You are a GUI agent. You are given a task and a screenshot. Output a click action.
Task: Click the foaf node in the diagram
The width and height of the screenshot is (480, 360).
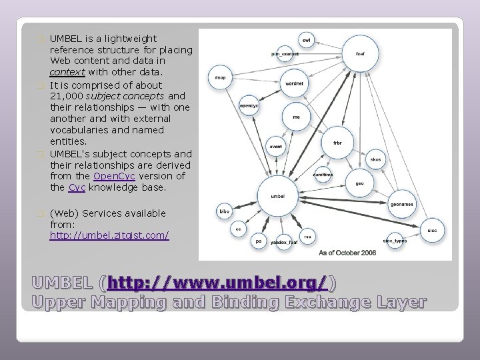[x=359, y=53]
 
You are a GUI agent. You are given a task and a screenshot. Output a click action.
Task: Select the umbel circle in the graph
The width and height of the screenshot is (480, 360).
[x=278, y=195]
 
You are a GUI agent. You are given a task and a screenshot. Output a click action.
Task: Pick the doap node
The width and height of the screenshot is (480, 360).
[x=220, y=78]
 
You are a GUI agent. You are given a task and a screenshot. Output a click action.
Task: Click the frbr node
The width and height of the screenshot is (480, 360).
[x=337, y=142]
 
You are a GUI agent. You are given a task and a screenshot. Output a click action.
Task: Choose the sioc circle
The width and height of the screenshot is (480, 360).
[x=432, y=229]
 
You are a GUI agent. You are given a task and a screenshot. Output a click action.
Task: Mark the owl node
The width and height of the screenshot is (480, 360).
[x=307, y=40]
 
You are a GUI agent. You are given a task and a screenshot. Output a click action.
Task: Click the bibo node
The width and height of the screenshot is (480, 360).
[x=225, y=212]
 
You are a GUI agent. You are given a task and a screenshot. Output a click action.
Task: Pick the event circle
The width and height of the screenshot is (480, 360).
[x=276, y=146]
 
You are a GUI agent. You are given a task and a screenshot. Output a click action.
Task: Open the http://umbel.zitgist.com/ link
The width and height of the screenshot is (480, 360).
[x=109, y=235]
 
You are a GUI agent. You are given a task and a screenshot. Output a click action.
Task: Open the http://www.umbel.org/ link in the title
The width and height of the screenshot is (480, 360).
[x=217, y=283]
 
